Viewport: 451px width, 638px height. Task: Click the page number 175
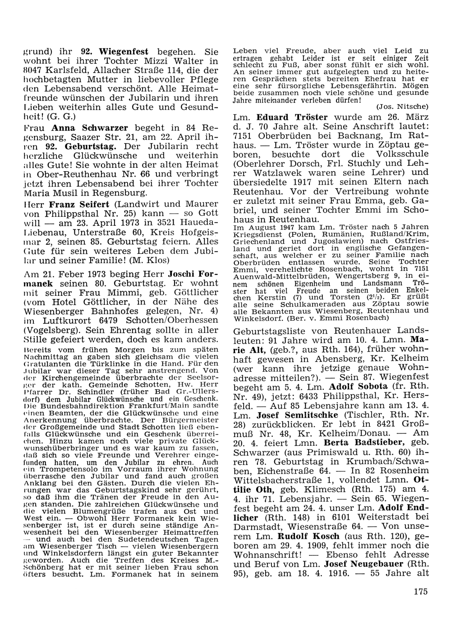pyautogui.click(x=419, y=591)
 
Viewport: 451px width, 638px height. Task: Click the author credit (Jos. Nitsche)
pyautogui.click(x=401, y=107)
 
